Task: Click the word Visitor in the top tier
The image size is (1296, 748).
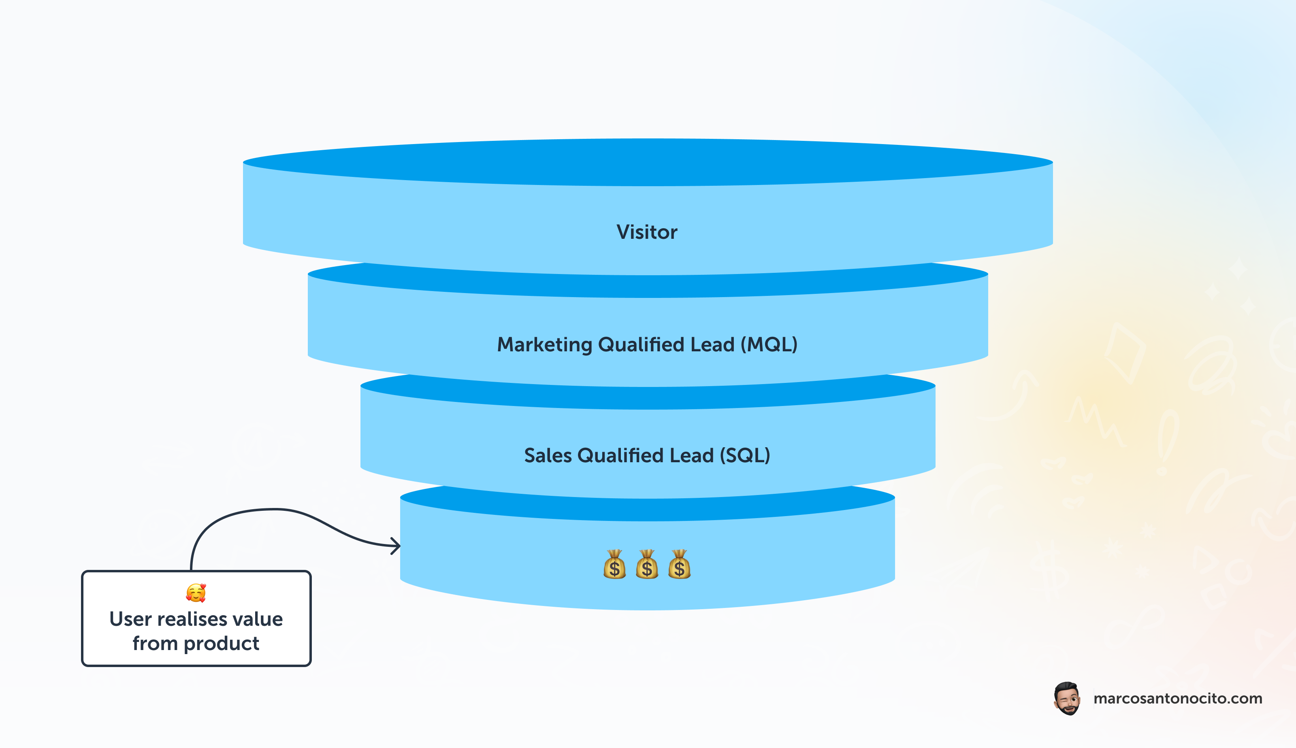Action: tap(646, 232)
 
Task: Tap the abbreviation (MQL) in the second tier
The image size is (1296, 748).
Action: tap(769, 344)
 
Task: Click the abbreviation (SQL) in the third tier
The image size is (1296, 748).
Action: tap(745, 455)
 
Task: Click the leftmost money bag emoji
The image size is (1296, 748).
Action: tap(615, 565)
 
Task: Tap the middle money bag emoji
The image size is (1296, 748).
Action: tap(647, 565)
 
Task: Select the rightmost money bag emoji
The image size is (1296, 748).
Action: tap(679, 565)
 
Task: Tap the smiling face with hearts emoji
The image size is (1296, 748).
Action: tap(196, 593)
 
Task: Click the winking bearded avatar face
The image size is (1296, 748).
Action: tap(1067, 699)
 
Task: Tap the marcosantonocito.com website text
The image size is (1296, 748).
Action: tap(1177, 699)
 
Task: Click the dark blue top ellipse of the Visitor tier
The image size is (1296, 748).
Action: tap(648, 162)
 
